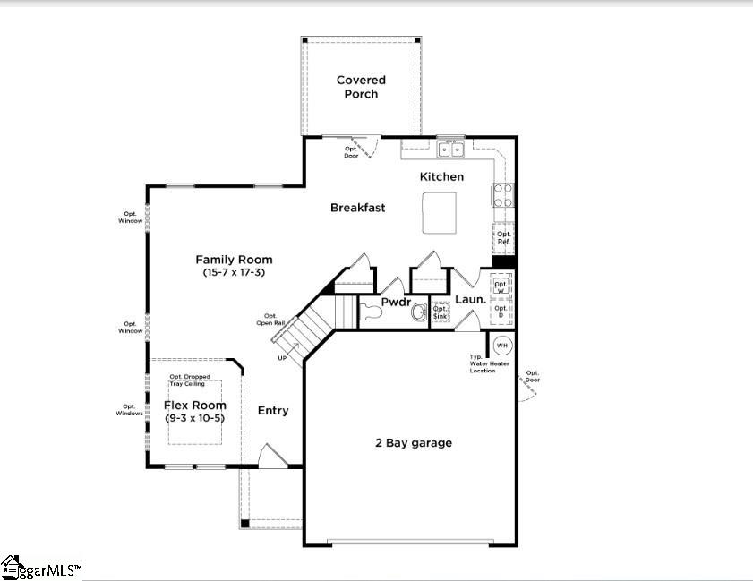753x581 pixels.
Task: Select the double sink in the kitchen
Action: (x=450, y=150)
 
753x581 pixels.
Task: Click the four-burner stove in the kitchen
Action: (x=502, y=195)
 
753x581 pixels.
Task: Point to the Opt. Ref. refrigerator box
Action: (x=503, y=238)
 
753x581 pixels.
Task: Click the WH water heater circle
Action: (x=501, y=346)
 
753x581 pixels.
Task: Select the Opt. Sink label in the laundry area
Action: (x=440, y=312)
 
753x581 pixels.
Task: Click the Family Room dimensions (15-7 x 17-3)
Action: (x=234, y=271)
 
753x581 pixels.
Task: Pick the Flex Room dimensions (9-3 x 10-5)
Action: (x=194, y=418)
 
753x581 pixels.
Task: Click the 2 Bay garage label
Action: (x=412, y=442)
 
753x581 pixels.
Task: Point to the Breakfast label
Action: (x=357, y=208)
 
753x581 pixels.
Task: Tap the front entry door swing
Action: (x=270, y=456)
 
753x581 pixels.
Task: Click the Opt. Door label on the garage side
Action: (x=533, y=376)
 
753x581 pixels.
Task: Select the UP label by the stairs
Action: (x=283, y=358)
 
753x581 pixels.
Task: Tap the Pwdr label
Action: (x=395, y=302)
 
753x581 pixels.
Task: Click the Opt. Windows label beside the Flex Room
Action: (x=129, y=410)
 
